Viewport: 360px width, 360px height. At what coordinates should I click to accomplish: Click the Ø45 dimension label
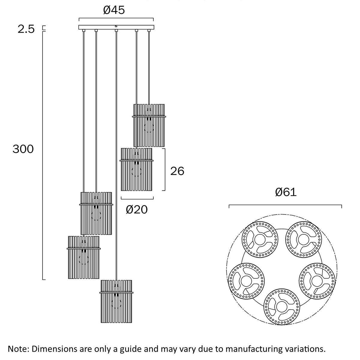coord(114,10)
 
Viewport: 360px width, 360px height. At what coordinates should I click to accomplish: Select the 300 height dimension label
coord(23,149)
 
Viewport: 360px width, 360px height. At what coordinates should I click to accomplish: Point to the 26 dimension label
coord(177,171)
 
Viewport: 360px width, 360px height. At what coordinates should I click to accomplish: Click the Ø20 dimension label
coord(137,209)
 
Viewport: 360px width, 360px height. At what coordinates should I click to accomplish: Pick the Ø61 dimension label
coord(286,192)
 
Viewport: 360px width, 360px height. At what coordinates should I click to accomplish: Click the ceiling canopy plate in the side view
coord(116,27)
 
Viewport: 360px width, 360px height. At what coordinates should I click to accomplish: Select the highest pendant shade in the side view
coord(149,125)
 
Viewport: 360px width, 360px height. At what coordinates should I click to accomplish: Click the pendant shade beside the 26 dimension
coord(136,169)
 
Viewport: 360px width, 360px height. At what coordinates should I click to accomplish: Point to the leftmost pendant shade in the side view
coord(83,257)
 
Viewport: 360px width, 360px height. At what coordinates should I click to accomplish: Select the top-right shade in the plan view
coord(302,239)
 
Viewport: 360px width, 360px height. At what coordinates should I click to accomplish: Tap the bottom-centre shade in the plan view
coord(281,306)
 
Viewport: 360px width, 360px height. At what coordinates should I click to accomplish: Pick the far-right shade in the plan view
coord(316,280)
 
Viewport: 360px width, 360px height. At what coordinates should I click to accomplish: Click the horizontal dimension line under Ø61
coord(285,205)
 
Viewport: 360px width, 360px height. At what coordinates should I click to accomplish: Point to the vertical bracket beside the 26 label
coord(165,169)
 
